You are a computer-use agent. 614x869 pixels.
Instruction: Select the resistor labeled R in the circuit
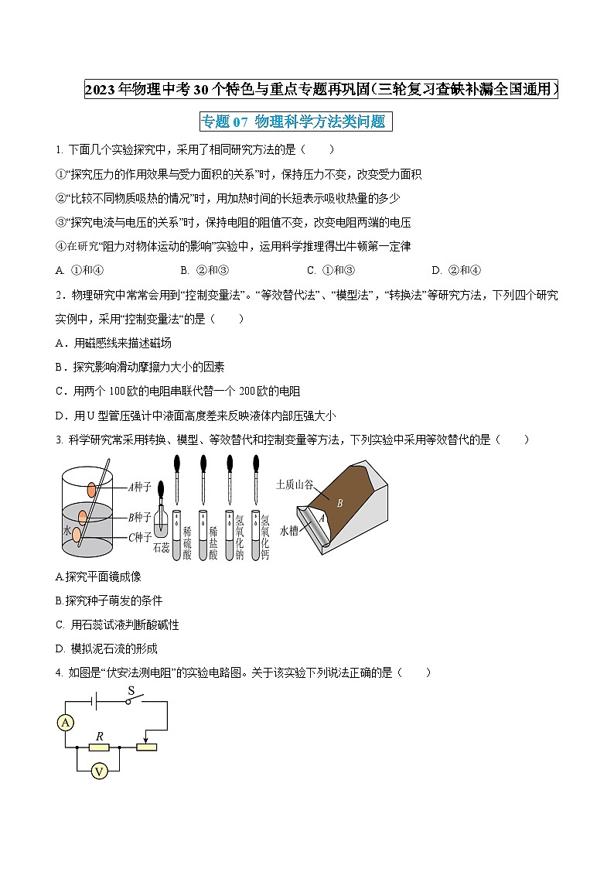(98, 747)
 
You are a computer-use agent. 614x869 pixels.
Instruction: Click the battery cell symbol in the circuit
(97, 702)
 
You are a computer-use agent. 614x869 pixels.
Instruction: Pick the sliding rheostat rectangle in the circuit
(146, 747)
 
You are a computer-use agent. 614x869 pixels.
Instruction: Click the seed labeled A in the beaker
(92, 489)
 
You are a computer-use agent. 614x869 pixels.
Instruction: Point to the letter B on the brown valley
(339, 502)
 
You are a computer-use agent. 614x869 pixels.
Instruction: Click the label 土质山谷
(295, 484)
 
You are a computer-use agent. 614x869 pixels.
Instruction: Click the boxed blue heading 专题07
(292, 121)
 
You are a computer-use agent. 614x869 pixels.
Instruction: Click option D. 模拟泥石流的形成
(107, 648)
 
